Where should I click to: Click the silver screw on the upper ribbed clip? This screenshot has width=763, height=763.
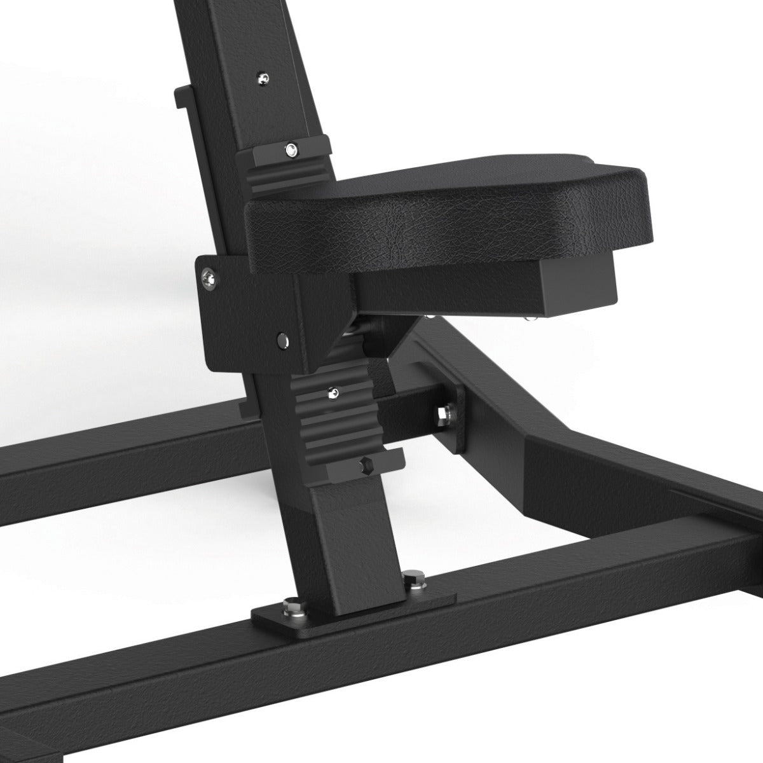point(290,150)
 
